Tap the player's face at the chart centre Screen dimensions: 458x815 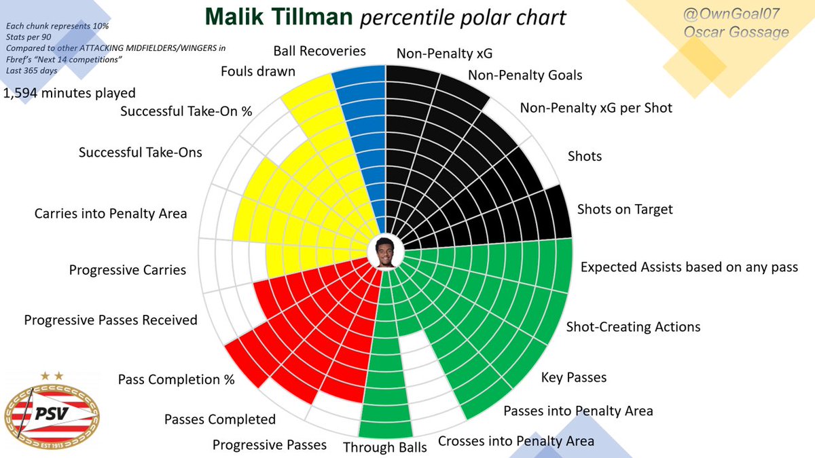tap(386, 252)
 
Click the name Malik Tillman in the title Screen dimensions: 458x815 tap(280, 17)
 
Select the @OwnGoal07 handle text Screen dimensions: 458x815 tap(745, 12)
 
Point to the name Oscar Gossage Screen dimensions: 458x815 tap(745, 32)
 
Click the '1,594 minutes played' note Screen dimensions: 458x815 tap(70, 93)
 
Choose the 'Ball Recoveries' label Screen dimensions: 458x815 tap(319, 51)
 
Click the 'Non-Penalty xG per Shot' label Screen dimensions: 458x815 tap(596, 107)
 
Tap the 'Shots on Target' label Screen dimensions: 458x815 tap(624, 209)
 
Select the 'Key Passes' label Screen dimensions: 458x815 tap(573, 377)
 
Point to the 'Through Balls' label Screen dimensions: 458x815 tap(384, 447)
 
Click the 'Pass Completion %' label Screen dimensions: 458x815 tap(176, 379)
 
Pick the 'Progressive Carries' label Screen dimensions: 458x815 tap(127, 270)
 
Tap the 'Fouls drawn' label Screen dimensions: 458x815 tap(257, 71)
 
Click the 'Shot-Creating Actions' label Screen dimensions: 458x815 tap(633, 327)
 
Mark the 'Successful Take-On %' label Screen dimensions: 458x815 tap(186, 111)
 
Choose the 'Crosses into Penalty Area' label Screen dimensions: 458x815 tap(515, 441)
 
